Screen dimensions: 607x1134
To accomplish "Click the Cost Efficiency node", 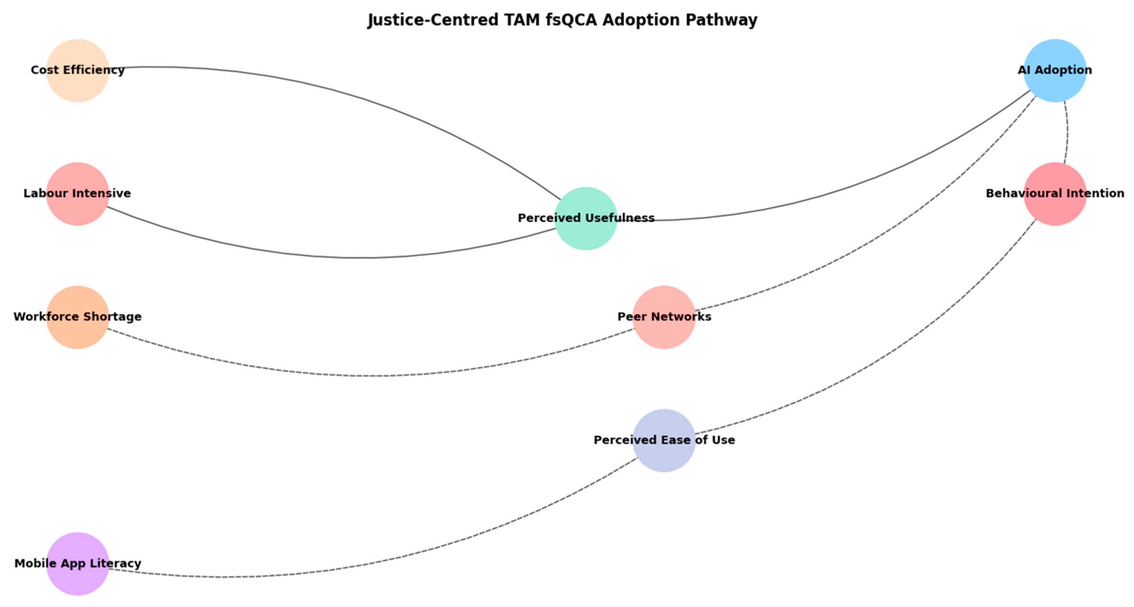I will pos(77,70).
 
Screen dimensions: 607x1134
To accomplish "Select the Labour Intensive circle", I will pos(77,194).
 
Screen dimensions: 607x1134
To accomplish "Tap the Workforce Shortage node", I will pos(77,317).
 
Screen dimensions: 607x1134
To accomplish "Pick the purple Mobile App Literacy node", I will pos(77,564).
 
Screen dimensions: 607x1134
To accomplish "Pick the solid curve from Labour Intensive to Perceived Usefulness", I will pos(352,257).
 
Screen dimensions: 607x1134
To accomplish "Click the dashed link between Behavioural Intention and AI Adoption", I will pos(1068,132).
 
